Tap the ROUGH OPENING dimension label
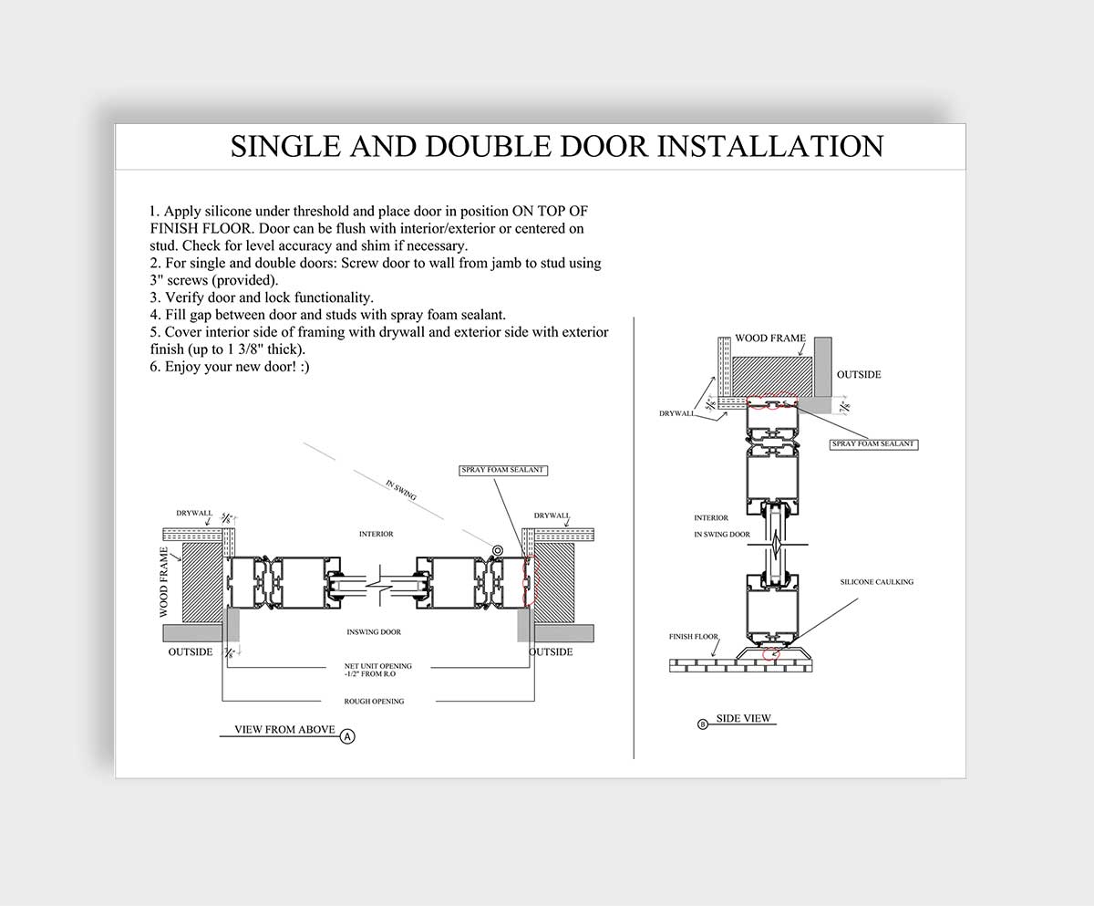[x=374, y=701]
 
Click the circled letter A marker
[x=347, y=735]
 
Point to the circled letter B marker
[x=702, y=724]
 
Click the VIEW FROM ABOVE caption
[x=284, y=730]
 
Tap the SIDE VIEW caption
[x=743, y=718]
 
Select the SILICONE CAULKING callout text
[x=876, y=581]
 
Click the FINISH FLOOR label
[x=693, y=636]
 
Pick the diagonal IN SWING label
[x=401, y=489]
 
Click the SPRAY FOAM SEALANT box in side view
[x=872, y=443]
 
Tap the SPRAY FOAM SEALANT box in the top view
[x=502, y=469]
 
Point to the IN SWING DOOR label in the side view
[x=722, y=534]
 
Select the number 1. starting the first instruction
[x=156, y=211]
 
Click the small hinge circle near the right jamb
[x=498, y=549]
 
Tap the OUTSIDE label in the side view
[x=859, y=374]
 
